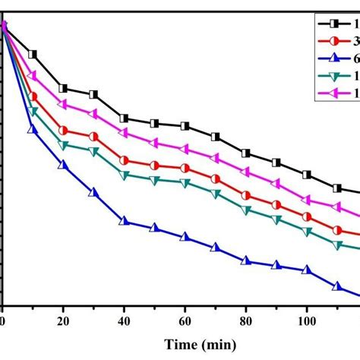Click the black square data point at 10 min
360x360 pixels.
pos(33,54)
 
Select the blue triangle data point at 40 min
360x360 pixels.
pos(124,221)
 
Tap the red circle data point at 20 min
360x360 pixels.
pos(63,131)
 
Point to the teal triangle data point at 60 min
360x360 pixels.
pos(185,182)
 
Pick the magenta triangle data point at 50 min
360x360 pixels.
pos(154,143)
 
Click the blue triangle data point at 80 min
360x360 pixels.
pos(245,261)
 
